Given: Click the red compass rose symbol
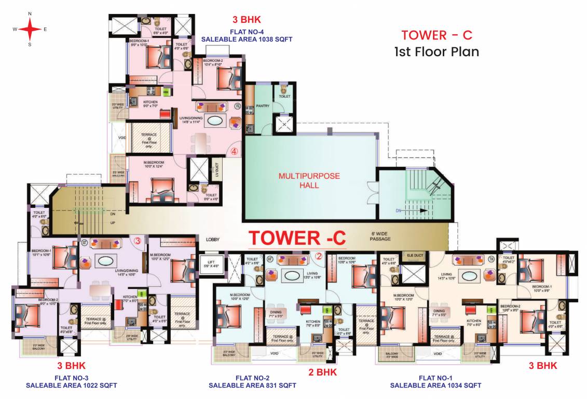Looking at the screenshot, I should [30, 29].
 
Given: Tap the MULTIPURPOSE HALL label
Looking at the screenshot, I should [309, 180].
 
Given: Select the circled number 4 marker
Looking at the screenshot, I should [235, 152].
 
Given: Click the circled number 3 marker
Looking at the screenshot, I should [138, 241].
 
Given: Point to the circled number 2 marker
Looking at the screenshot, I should [319, 256].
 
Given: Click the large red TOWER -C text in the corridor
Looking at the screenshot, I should [297, 238].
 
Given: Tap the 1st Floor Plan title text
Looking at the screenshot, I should [436, 52].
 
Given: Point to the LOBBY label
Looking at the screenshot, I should [213, 240].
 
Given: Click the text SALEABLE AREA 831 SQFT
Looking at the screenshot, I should [252, 385].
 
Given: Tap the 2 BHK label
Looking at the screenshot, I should [322, 372].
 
